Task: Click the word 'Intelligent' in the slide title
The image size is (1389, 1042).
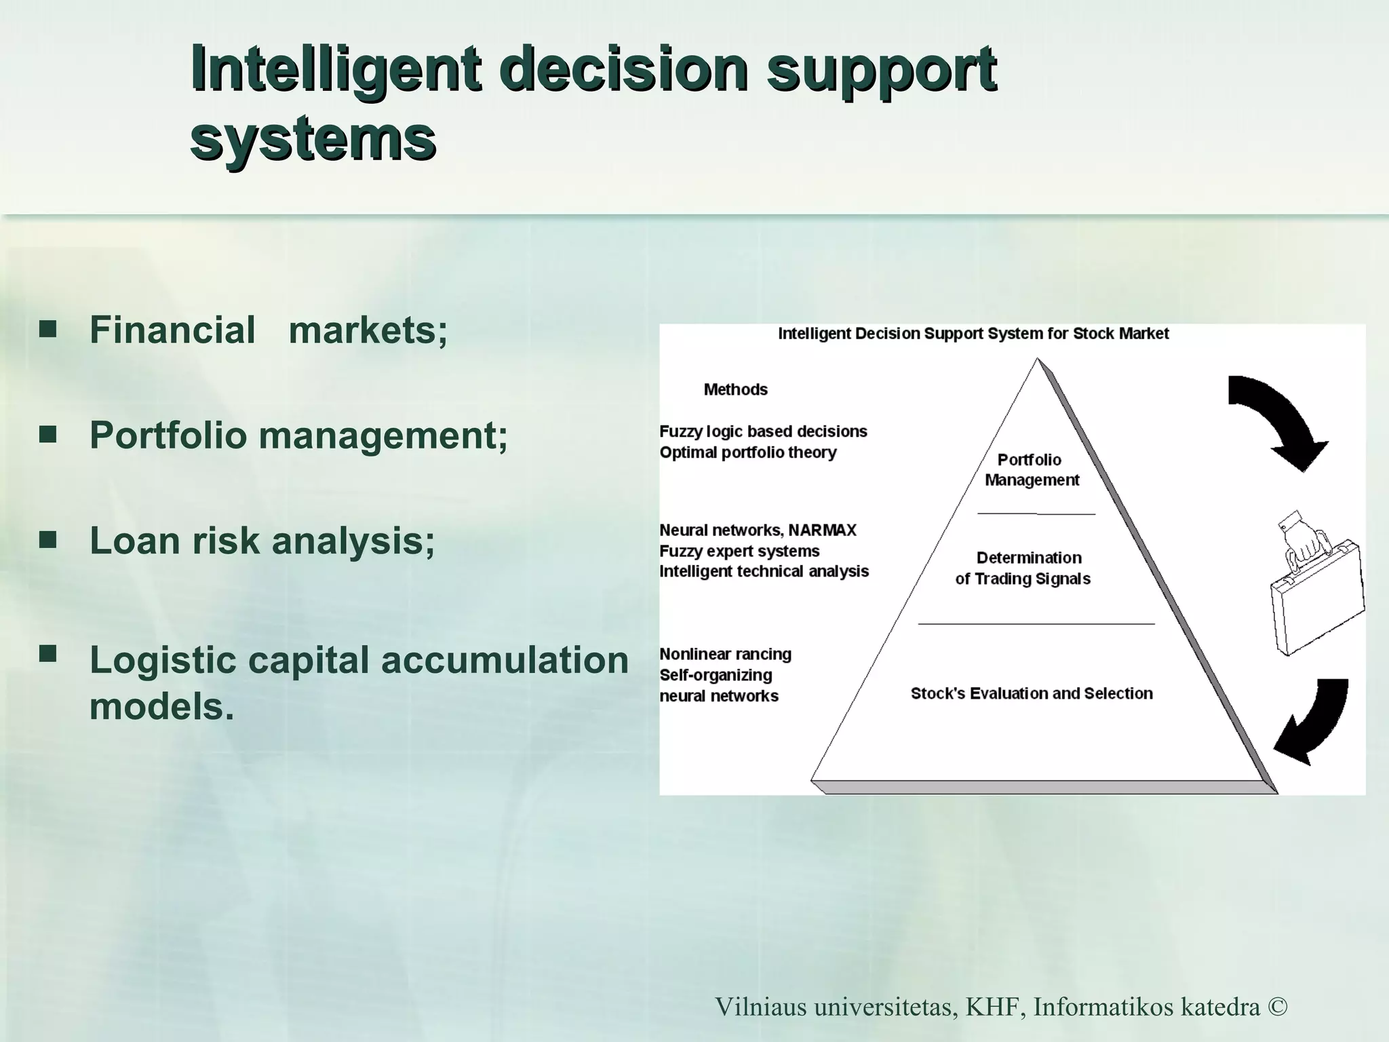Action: click(336, 69)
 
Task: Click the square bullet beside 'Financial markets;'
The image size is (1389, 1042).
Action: click(47, 330)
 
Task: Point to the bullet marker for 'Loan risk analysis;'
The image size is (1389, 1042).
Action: click(47, 540)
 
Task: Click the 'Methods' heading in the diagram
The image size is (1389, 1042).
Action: click(735, 389)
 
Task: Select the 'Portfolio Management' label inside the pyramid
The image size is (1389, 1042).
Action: click(1031, 469)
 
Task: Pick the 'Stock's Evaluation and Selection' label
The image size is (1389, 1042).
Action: click(1031, 693)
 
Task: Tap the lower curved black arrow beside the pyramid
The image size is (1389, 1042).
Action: click(1312, 722)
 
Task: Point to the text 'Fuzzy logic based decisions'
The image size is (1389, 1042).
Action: click(763, 431)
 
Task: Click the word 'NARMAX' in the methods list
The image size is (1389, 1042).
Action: click(822, 530)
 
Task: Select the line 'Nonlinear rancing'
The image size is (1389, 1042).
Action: click(725, 654)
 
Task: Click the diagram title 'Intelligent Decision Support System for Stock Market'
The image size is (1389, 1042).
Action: click(973, 334)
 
